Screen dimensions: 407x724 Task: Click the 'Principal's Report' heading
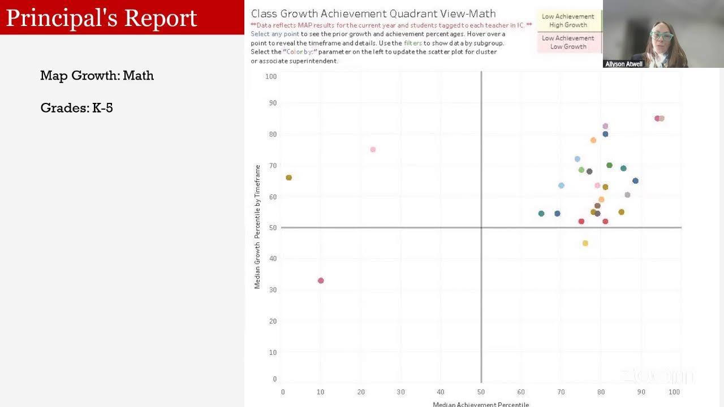(102, 18)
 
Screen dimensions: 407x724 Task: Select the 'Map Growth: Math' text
(97, 76)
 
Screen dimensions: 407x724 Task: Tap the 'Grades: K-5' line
(76, 108)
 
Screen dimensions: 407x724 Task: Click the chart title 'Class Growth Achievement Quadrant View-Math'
(373, 14)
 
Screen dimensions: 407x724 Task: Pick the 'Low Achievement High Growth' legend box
(568, 21)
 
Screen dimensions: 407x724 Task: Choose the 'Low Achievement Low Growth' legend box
(568, 42)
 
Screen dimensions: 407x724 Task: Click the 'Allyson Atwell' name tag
(624, 64)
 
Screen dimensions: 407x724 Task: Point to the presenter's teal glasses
(661, 36)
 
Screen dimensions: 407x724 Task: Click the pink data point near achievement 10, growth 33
(321, 281)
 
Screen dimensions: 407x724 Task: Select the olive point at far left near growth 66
(289, 177)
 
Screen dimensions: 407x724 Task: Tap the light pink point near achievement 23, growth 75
(373, 150)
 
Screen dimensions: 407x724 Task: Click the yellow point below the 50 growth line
(585, 244)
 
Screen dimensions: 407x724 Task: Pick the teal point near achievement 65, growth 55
(541, 214)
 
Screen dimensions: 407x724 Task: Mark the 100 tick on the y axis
(271, 76)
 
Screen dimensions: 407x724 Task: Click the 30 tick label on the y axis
(273, 290)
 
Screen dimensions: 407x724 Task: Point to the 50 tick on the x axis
(481, 392)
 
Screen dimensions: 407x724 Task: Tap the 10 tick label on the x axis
(321, 392)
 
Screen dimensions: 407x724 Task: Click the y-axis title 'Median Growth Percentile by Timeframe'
(257, 227)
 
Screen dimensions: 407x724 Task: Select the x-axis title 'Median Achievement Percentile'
(481, 404)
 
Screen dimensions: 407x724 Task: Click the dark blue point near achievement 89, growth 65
(635, 181)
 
